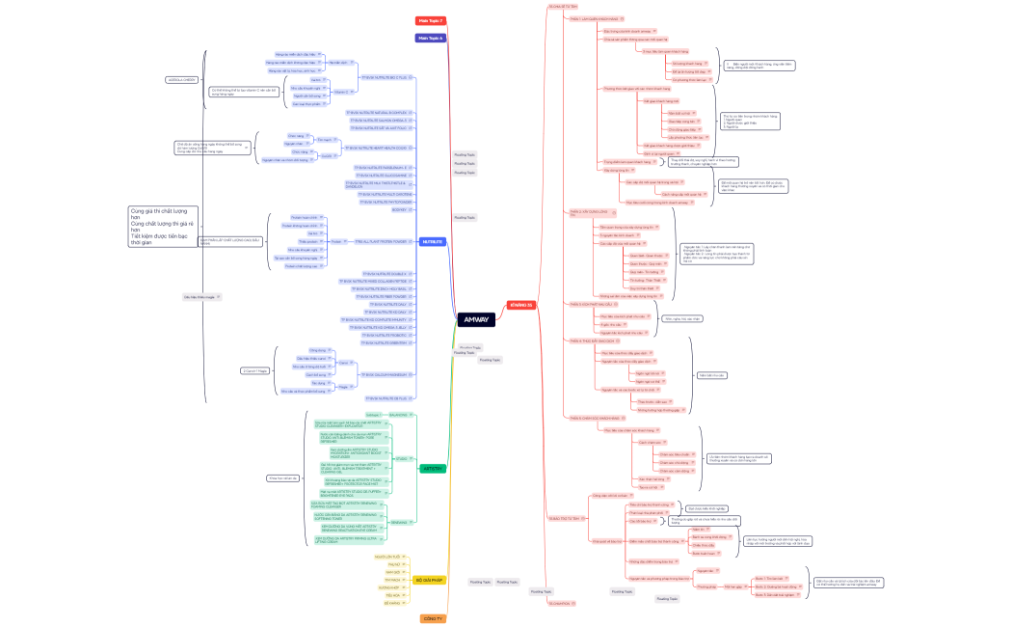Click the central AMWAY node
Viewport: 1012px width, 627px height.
point(475,319)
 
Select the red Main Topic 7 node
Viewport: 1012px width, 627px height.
point(430,20)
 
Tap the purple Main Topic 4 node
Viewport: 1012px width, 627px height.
point(430,39)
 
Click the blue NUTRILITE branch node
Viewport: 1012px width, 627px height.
point(433,241)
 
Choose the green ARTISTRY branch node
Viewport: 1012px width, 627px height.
point(433,468)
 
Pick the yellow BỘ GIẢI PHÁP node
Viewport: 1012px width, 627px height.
point(429,580)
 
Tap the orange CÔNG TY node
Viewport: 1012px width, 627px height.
point(433,618)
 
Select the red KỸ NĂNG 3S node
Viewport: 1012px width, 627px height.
point(521,305)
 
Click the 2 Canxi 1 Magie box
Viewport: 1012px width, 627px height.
point(254,370)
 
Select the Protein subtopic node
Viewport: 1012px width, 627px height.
point(336,240)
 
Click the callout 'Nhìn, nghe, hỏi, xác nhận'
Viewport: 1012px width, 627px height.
point(682,317)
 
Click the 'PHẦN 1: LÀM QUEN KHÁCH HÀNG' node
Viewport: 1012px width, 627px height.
point(596,17)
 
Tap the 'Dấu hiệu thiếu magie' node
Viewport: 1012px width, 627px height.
point(199,296)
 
